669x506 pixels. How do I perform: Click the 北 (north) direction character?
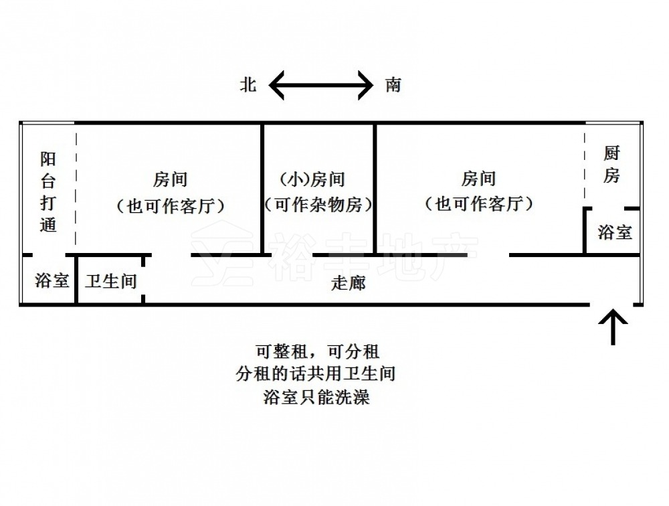click(249, 85)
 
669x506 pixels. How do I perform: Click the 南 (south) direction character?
click(393, 85)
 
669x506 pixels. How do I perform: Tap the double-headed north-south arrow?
click(320, 85)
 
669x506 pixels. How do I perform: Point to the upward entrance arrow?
click(613, 325)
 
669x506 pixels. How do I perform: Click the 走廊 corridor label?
click(349, 282)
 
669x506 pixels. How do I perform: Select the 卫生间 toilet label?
click(110, 280)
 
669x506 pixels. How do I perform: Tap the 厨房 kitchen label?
click(611, 165)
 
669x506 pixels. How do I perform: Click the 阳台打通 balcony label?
click(48, 191)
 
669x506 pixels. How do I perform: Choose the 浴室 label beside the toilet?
click(52, 280)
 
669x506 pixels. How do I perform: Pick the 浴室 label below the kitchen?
click(615, 232)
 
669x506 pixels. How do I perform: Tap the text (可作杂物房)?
click(318, 204)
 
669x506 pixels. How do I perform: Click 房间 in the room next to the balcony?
click(170, 179)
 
